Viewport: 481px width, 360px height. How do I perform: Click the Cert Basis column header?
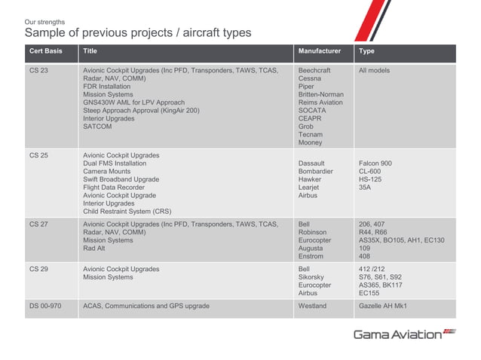point(41,52)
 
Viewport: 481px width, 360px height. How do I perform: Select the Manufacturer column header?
point(319,52)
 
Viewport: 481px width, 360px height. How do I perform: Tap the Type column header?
point(367,52)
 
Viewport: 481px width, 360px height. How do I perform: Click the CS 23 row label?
point(38,71)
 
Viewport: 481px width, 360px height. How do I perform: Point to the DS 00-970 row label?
point(44,307)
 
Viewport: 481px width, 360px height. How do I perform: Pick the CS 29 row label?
point(38,269)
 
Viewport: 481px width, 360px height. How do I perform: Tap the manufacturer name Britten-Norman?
point(320,95)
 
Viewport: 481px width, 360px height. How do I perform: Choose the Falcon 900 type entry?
point(375,163)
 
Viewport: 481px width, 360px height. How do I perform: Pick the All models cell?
point(375,71)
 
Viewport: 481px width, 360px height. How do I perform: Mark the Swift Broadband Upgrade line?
point(121,180)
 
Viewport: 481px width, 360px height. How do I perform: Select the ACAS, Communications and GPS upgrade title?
point(146,307)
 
